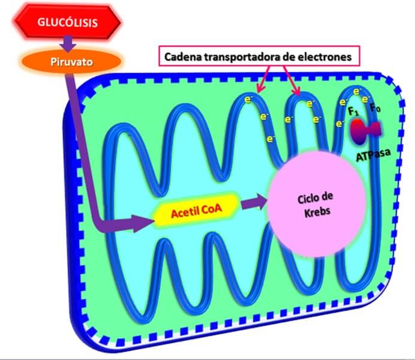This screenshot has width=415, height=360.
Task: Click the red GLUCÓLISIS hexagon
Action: tap(68, 23)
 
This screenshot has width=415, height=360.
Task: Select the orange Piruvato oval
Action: tap(71, 60)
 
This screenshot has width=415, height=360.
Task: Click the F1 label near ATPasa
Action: tap(353, 112)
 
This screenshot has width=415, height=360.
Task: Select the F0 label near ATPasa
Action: tap(375, 109)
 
